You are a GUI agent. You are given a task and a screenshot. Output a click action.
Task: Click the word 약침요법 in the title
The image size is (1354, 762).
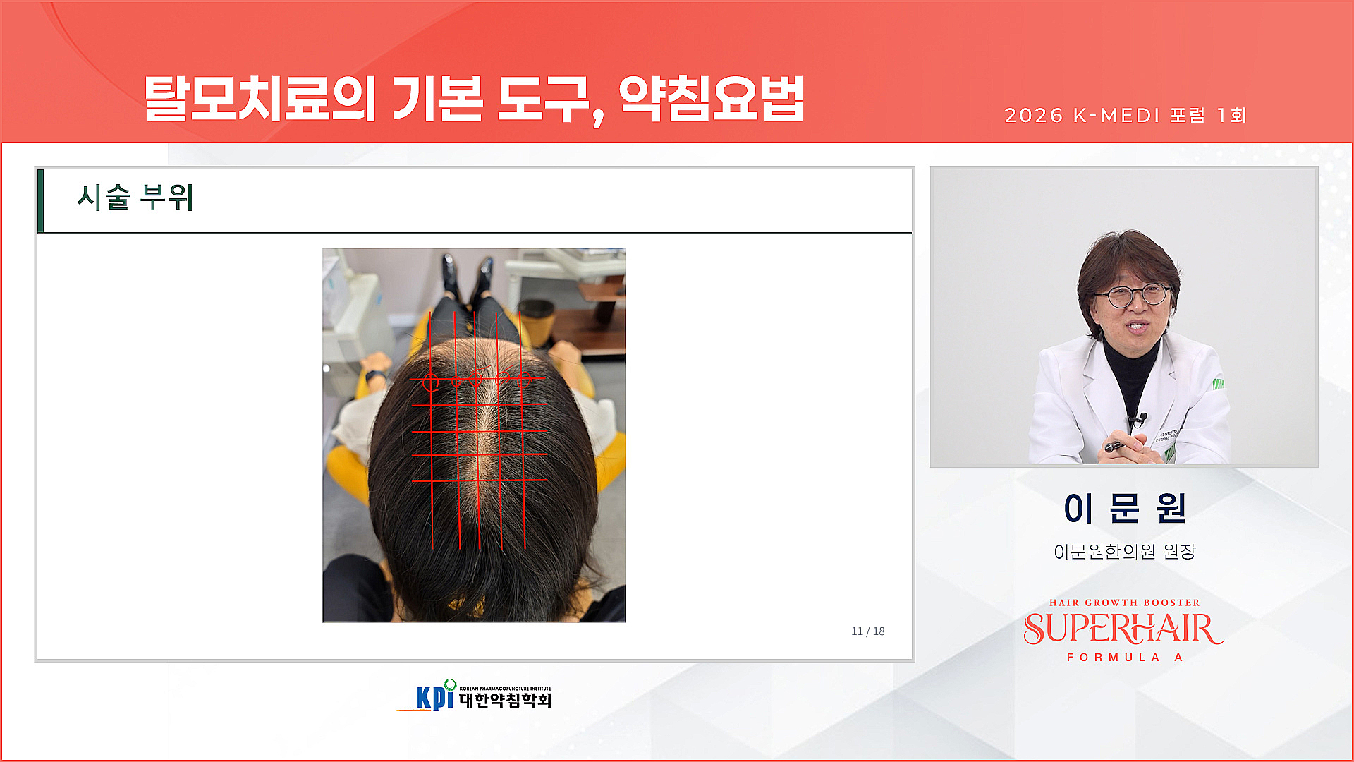point(711,99)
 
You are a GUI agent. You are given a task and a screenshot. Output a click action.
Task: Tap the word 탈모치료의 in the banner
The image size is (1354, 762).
point(260,99)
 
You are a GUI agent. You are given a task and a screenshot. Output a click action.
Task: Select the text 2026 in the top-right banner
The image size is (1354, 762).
point(1033,116)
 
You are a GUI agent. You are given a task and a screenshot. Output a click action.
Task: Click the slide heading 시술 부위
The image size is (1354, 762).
point(135,198)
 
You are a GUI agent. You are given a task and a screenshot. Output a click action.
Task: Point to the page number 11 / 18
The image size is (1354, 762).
point(867,631)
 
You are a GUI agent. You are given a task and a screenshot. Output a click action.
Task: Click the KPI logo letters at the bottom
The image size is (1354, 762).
point(434,697)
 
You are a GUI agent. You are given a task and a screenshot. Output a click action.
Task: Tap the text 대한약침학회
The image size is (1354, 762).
point(505,700)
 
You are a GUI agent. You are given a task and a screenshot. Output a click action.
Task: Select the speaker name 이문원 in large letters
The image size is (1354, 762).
point(1124,508)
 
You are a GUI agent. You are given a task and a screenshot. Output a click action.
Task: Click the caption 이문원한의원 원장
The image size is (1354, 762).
point(1124,552)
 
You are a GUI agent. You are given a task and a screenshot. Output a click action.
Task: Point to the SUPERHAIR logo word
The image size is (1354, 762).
point(1123,629)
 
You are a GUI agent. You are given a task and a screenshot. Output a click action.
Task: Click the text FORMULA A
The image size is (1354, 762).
point(1124,658)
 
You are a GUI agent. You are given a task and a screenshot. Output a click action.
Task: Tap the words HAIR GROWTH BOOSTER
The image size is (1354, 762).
point(1124,603)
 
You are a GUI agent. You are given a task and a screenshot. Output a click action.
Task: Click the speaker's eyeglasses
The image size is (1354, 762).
point(1133,295)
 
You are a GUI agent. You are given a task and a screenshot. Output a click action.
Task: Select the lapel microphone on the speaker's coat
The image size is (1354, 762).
point(1138,419)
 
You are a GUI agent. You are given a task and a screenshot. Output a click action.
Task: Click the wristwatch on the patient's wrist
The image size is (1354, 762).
point(374,375)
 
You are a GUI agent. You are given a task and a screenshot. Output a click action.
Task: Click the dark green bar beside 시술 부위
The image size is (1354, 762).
point(41,200)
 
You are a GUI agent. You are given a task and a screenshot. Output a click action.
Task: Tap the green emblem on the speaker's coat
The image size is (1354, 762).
point(1218,384)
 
